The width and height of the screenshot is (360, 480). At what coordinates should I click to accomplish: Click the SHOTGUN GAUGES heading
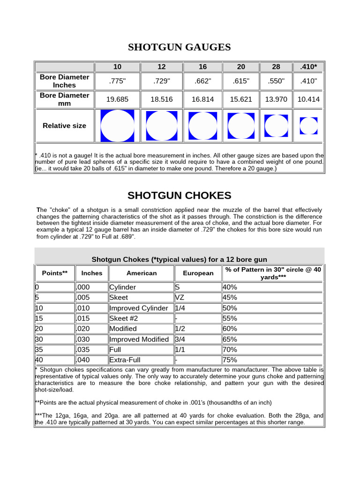(180, 47)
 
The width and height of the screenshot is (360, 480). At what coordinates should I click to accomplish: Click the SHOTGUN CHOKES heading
(180, 195)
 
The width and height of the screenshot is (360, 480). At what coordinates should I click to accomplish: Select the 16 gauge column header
(202, 67)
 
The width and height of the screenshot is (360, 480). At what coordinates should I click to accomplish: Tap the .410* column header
(308, 67)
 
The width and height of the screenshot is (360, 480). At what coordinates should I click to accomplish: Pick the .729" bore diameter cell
(162, 81)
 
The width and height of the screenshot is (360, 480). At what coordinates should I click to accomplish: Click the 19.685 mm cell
(117, 99)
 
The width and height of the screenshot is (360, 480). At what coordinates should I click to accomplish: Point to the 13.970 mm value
(276, 99)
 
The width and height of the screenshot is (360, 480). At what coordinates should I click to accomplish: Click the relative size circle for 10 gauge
(117, 126)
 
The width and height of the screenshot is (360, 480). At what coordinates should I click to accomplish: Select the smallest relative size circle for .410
(308, 126)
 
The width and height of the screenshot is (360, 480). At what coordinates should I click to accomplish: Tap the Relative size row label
(64, 126)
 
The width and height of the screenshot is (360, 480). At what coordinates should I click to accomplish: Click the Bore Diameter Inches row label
(64, 81)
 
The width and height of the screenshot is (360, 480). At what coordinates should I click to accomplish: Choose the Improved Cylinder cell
(138, 308)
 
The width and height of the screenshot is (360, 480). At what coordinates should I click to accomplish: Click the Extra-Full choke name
(125, 360)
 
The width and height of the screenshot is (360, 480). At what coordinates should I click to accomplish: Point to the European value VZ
(180, 298)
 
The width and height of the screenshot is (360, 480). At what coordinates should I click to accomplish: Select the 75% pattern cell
(230, 360)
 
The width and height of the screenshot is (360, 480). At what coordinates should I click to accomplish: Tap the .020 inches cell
(83, 329)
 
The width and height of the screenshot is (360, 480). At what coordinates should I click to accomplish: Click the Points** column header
(55, 273)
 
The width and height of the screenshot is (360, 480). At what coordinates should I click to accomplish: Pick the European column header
(198, 273)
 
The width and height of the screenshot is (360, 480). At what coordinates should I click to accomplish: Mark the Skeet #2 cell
(123, 318)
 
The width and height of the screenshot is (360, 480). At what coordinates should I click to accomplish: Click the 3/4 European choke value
(180, 339)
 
